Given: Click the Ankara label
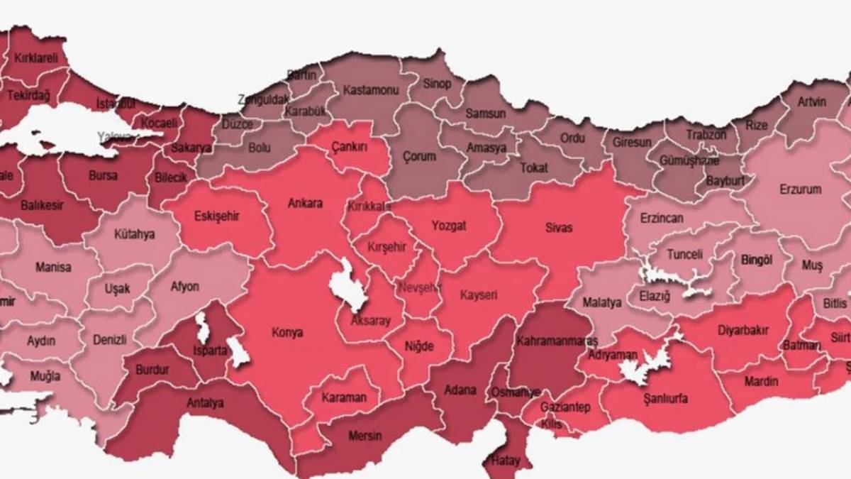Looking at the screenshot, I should [305, 204].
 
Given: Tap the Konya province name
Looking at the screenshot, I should [287, 332].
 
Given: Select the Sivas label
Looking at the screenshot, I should [558, 228].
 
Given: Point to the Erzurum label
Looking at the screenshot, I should [800, 189].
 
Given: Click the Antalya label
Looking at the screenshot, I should [205, 403].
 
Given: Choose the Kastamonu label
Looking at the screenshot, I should [371, 90].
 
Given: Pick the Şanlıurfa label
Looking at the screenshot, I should [664, 398].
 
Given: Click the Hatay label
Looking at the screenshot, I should [505, 461].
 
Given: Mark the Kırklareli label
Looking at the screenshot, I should [35, 59].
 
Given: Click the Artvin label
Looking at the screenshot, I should [811, 101].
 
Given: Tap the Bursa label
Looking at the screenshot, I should [104, 176].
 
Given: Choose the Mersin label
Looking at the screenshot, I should [365, 436].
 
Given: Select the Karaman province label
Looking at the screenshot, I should [344, 397].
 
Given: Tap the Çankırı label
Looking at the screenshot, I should [350, 146].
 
